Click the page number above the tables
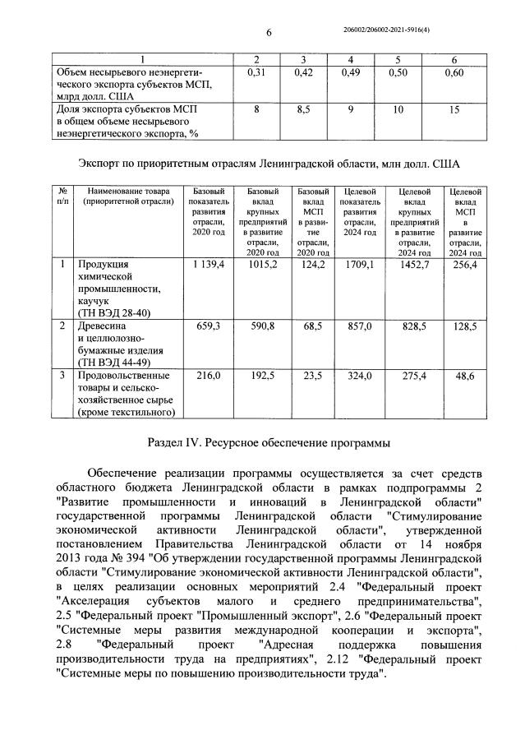point(269,32)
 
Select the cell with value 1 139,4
point(208,265)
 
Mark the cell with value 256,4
point(463,265)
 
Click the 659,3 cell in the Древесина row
point(208,326)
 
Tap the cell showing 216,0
point(208,375)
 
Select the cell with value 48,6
point(463,375)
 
